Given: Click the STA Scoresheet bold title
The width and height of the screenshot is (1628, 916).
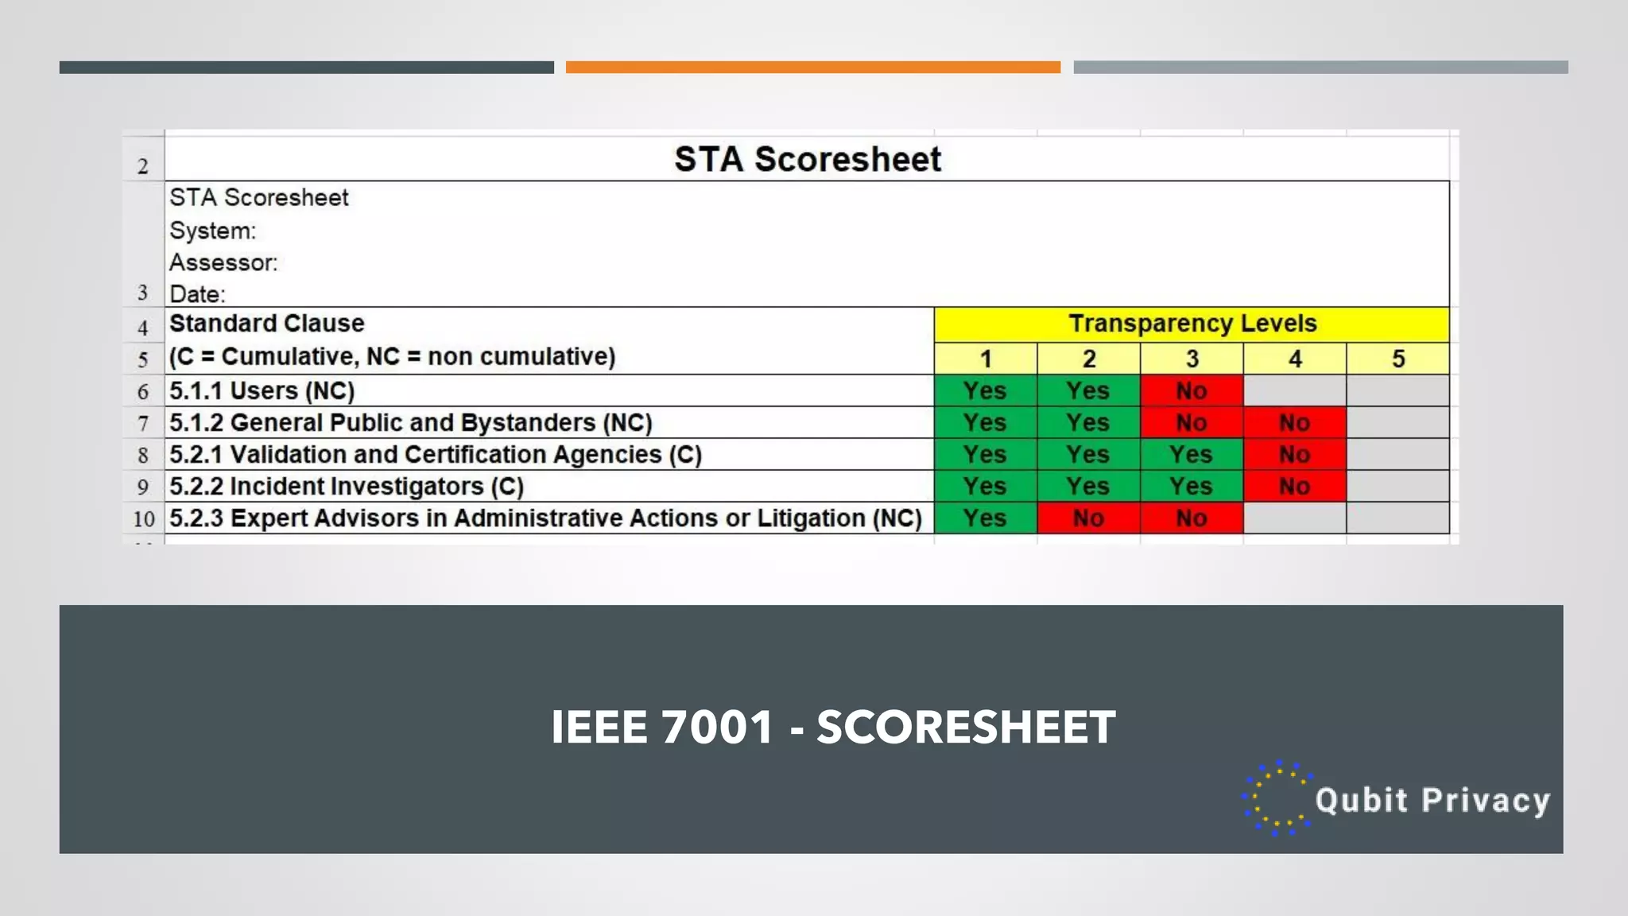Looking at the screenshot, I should [x=807, y=159].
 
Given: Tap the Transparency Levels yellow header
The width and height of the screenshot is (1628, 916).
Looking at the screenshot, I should [x=1192, y=324].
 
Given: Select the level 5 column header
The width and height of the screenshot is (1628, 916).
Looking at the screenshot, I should [x=1397, y=359].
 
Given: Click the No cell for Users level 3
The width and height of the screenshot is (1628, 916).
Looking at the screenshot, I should [x=1191, y=390].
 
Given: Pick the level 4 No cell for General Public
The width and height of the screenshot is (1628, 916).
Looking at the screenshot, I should [x=1294, y=422].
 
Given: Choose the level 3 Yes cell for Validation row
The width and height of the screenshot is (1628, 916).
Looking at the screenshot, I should [x=1191, y=454].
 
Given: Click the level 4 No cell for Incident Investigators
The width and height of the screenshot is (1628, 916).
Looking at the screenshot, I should [x=1294, y=486].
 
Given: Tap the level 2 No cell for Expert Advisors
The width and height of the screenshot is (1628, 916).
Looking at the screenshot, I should [x=1088, y=518].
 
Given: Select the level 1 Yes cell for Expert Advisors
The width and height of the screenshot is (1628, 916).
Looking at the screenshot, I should [x=985, y=518].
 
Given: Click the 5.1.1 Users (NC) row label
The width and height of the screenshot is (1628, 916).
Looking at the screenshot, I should [x=262, y=390].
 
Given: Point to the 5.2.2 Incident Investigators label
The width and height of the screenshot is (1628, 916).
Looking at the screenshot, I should [x=346, y=486].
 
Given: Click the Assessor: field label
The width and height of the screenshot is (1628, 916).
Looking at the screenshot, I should [x=223, y=262].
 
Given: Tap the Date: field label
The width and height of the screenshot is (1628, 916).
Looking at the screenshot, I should [x=197, y=294].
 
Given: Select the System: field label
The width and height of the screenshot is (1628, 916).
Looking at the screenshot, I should [x=212, y=231].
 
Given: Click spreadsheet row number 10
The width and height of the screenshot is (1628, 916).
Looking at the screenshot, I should [x=144, y=518].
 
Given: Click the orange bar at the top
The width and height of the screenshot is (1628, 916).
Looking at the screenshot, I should [x=812, y=68].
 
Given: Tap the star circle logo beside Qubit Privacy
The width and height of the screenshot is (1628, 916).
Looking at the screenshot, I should [x=1277, y=798].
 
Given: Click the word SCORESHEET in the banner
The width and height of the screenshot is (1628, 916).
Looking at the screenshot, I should [x=966, y=727].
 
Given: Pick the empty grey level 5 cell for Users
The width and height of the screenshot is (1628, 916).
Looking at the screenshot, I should [x=1397, y=390].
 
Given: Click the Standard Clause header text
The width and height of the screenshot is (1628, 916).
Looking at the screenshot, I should [x=266, y=324].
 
